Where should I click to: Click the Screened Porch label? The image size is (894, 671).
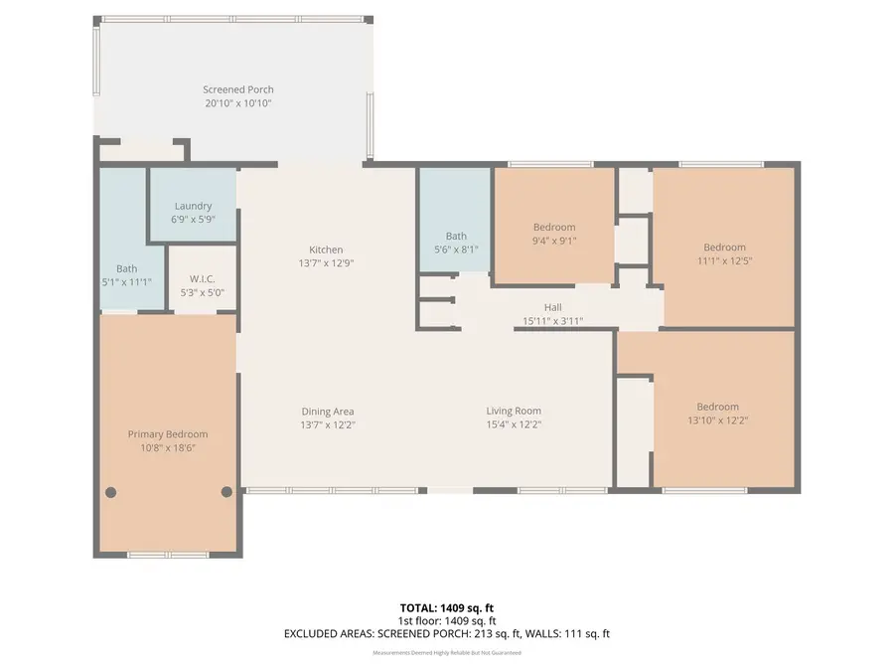[238, 89]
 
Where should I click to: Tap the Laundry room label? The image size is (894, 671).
[193, 206]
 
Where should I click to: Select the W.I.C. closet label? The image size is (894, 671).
[202, 279]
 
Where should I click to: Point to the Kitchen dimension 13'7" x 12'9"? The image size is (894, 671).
[326, 263]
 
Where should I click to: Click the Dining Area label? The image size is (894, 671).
[328, 412]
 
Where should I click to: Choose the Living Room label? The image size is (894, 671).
[514, 412]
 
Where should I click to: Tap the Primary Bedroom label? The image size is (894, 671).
[168, 434]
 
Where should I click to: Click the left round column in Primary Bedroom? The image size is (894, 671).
[111, 491]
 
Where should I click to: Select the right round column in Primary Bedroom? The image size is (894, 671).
[226, 491]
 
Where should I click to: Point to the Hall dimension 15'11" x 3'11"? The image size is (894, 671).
[552, 321]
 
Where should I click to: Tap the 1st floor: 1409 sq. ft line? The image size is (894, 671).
[446, 619]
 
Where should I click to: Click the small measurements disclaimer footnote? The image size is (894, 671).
[446, 653]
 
